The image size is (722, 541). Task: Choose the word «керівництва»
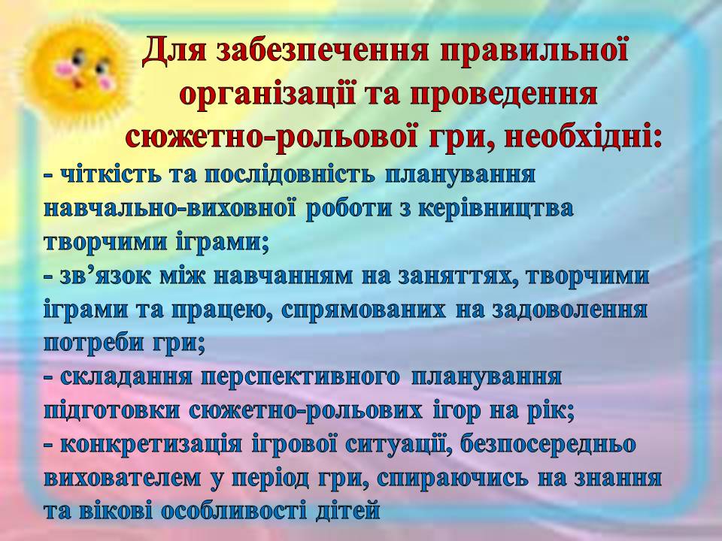[x=497, y=209]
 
